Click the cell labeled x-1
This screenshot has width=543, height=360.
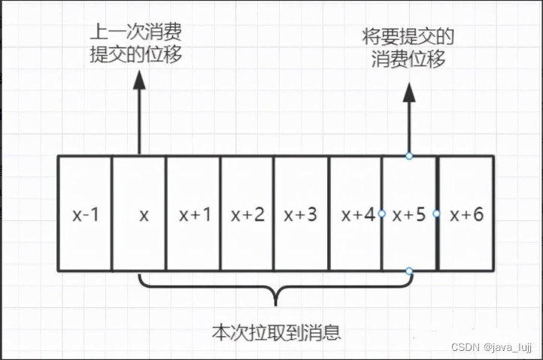(x=85, y=214)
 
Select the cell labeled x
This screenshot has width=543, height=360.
(x=140, y=214)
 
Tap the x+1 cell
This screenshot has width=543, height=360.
(x=193, y=214)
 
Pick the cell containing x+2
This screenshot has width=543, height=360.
(x=247, y=214)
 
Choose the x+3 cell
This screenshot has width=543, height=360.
(x=301, y=214)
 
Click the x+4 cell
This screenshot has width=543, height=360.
(x=355, y=214)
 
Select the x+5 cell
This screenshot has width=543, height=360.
(x=409, y=214)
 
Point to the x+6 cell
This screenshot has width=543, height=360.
(x=466, y=214)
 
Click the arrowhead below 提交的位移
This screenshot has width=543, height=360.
(x=139, y=82)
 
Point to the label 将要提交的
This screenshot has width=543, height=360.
(x=408, y=36)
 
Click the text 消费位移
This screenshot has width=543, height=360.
(x=408, y=59)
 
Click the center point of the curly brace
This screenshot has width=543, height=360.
(x=275, y=298)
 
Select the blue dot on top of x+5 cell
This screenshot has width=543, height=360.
(x=408, y=156)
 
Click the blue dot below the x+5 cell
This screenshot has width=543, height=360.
(x=408, y=271)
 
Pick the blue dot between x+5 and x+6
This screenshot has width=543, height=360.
(x=436, y=213)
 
